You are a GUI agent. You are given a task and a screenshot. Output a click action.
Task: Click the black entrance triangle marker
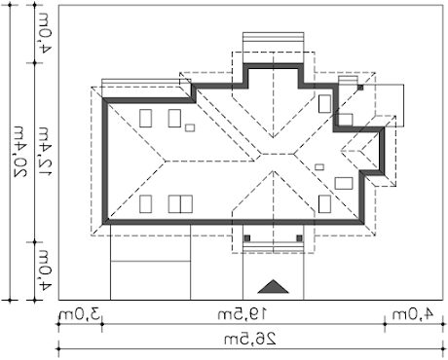[276, 285]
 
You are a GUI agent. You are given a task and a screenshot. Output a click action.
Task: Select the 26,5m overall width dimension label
[231, 338]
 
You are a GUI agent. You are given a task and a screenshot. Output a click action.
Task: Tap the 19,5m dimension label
[231, 313]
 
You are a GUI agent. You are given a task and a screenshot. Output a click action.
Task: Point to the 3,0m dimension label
[79, 313]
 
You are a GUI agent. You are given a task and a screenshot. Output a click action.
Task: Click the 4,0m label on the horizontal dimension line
[410, 313]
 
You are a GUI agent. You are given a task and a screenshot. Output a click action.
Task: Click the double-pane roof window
[179, 204]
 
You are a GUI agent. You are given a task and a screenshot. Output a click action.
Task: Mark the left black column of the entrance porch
[246, 237]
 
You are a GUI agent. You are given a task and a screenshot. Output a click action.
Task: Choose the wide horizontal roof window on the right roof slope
[344, 182]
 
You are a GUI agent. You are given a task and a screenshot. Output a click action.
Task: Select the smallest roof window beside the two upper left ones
[191, 127]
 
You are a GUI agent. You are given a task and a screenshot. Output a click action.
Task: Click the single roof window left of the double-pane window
[145, 204]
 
